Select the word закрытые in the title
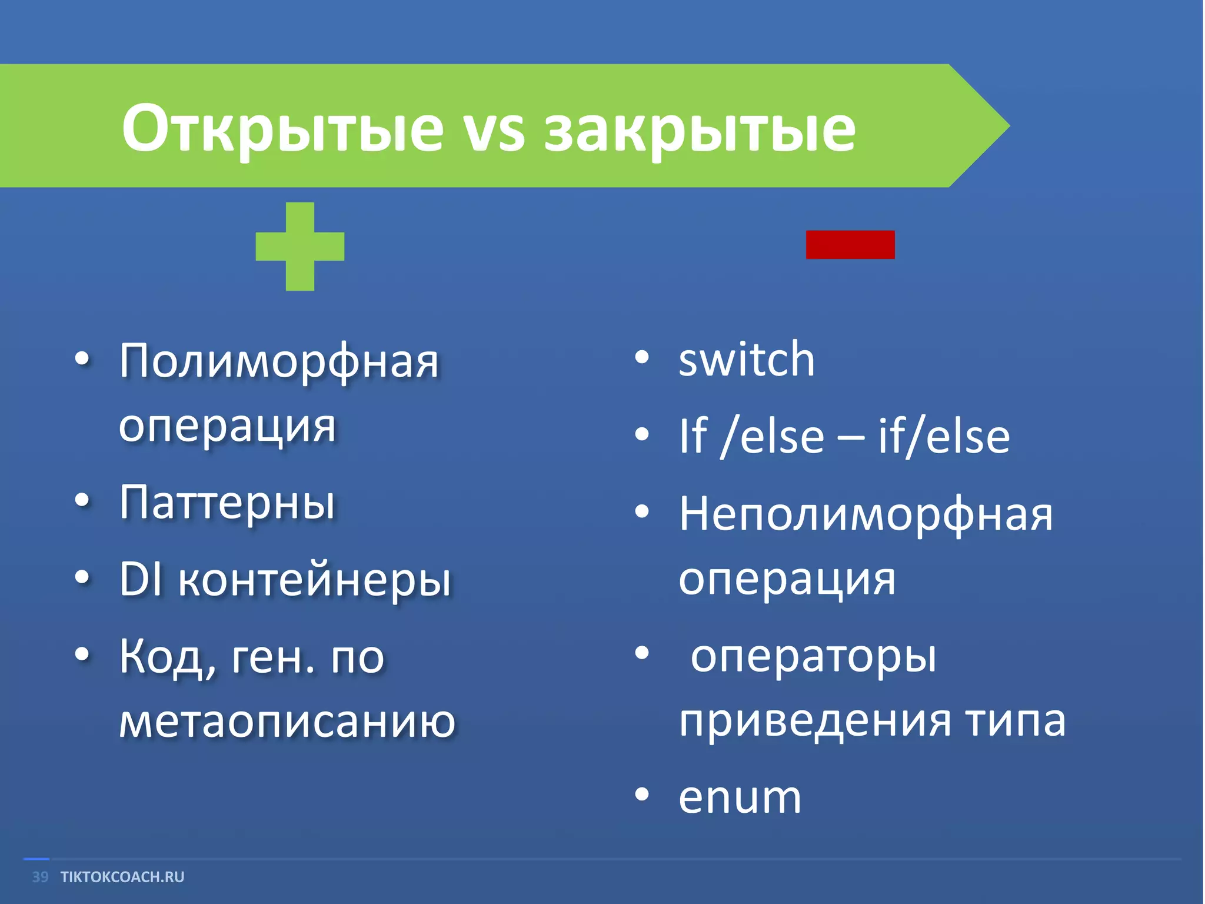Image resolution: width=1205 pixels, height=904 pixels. [x=700, y=131]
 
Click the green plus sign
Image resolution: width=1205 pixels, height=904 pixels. [x=300, y=246]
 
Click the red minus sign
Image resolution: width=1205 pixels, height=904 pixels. [x=850, y=245]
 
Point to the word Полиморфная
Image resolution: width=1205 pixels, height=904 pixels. [x=279, y=361]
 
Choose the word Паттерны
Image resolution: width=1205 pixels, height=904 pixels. [x=227, y=504]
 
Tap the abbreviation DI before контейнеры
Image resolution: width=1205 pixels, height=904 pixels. [x=140, y=579]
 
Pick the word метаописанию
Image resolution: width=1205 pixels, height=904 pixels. [x=287, y=722]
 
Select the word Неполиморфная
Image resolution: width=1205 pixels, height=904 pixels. [x=866, y=514]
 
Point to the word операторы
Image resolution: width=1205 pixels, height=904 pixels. [x=813, y=657]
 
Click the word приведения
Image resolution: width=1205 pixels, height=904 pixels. [x=815, y=722]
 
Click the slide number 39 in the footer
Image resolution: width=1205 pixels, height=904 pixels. [x=40, y=877]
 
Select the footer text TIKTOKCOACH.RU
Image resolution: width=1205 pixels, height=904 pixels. [x=122, y=877]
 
